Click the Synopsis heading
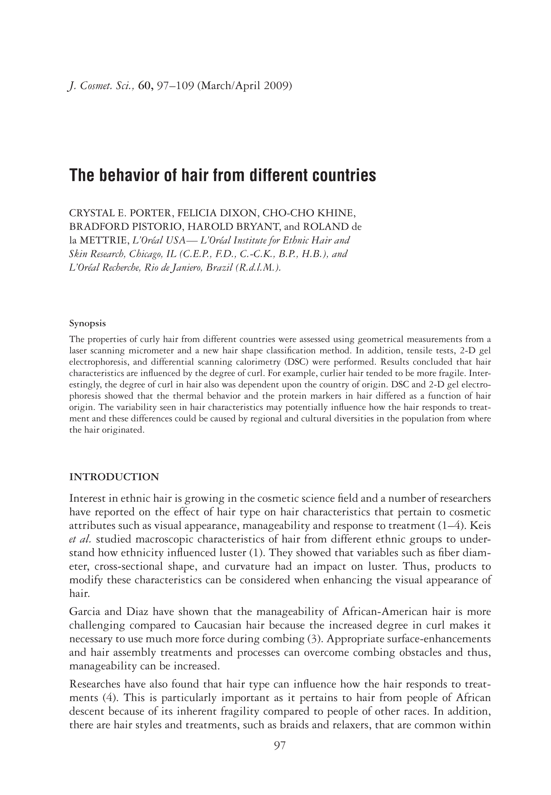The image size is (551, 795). (87, 324)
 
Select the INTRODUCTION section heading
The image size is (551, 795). (114, 477)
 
